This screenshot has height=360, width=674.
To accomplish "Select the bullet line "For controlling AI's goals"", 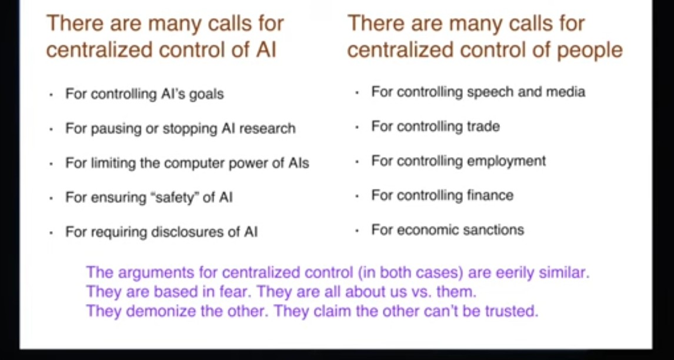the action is pos(145,94).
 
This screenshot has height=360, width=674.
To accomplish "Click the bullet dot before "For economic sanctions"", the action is pos(357,231).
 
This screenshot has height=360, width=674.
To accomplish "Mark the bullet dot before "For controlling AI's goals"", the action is pos(51,95).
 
